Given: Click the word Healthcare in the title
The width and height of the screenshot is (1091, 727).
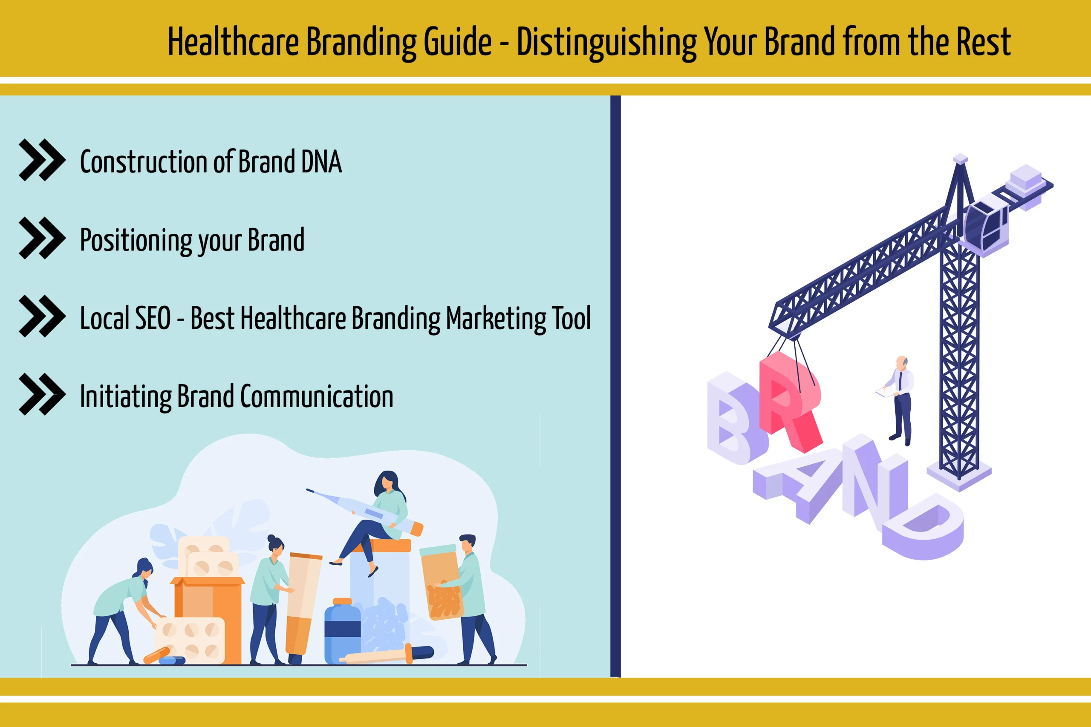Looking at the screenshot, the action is pos(233,42).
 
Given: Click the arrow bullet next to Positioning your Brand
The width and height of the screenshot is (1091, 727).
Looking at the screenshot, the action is pos(42,238).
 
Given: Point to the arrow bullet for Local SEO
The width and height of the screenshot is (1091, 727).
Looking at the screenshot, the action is pos(42,316).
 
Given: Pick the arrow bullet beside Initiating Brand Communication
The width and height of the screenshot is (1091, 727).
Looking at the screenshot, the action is pos(42,394).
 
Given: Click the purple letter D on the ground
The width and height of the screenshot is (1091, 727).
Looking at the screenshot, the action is pos(923,526).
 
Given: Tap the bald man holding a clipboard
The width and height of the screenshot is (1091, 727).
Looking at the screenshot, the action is pos(898,401).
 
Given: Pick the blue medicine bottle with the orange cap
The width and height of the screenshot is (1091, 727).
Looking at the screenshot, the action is pos(342,632).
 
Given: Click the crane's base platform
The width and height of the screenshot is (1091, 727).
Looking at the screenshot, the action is pos(959,475).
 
